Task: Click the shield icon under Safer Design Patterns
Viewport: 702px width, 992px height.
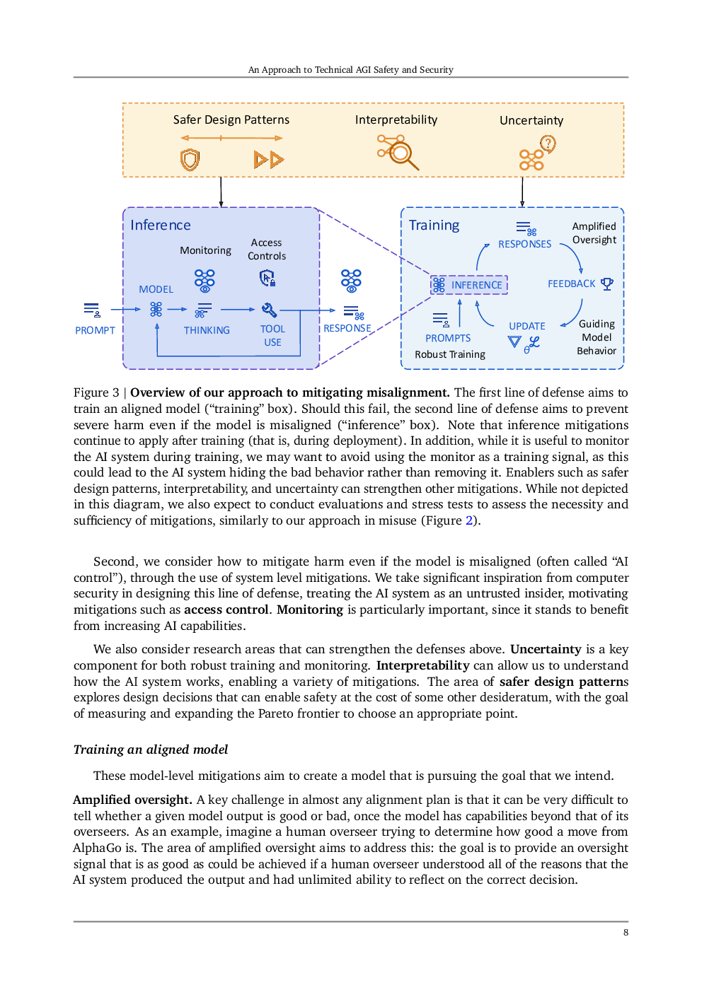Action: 190,160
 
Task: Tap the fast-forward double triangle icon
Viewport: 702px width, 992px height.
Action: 269,160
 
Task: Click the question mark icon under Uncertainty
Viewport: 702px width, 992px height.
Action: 548,144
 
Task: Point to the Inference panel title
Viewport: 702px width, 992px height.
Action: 161,225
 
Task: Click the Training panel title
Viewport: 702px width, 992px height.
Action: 434,225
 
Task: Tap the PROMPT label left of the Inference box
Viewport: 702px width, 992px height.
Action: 95,330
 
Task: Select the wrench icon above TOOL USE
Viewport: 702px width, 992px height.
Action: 269,310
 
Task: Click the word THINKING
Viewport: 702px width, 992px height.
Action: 207,330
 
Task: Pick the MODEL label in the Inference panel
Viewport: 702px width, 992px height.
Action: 156,289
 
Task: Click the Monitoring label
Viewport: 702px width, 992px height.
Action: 205,250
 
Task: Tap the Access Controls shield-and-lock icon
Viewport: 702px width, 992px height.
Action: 267,278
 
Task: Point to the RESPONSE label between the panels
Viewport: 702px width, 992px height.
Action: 347,328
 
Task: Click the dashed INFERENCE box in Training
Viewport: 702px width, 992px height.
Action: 469,284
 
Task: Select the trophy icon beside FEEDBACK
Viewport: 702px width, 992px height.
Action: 607,284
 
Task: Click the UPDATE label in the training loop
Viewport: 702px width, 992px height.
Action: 527,326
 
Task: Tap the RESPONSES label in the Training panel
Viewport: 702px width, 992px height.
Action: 524,244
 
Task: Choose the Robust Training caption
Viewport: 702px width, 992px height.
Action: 450,354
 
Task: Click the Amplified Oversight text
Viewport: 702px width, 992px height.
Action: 594,233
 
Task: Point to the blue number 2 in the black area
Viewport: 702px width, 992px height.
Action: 469,520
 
